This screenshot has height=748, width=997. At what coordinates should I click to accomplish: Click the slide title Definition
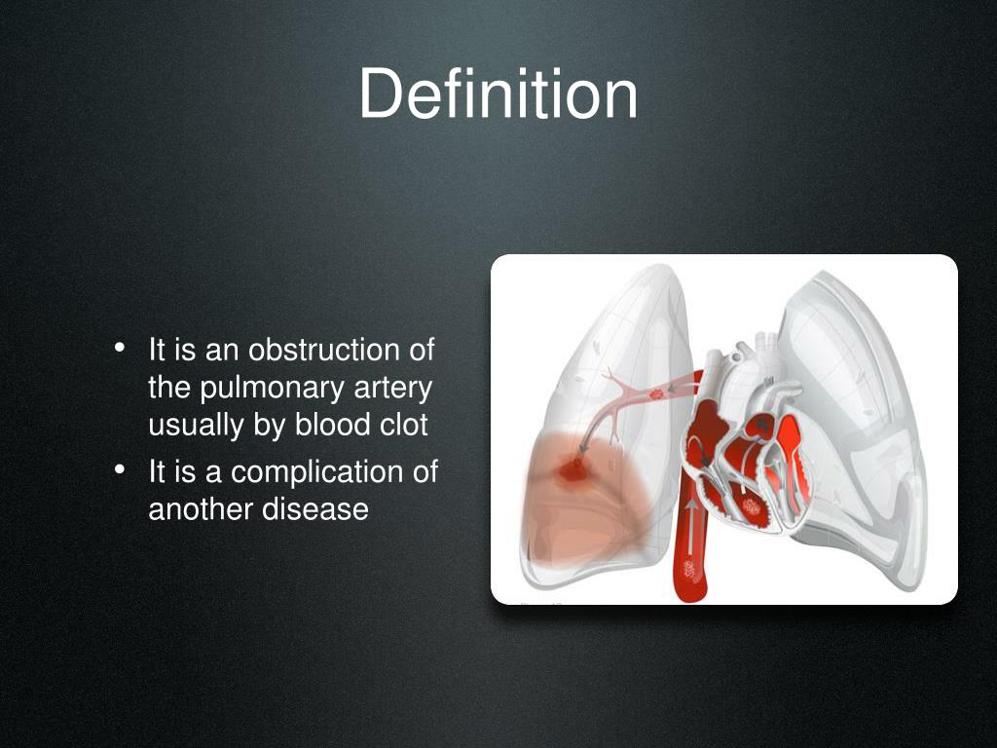[x=498, y=95]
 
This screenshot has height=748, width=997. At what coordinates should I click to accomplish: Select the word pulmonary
[x=259, y=388]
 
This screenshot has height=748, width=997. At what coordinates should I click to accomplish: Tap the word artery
[x=389, y=388]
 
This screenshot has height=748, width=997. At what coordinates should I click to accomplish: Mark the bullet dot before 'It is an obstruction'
[x=119, y=348]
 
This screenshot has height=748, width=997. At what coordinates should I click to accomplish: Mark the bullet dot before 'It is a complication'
[x=119, y=470]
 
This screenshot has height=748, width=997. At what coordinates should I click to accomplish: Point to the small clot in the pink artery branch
[x=656, y=394]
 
